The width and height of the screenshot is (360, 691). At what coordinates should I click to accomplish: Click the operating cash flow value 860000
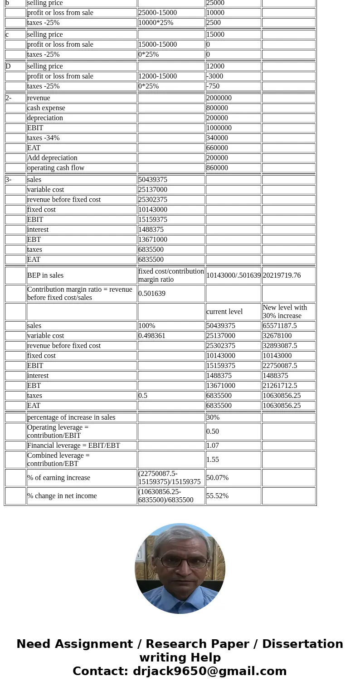[x=217, y=168]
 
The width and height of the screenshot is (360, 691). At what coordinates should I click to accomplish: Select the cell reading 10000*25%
[x=156, y=23]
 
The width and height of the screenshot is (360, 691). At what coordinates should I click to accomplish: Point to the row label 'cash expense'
[x=46, y=108]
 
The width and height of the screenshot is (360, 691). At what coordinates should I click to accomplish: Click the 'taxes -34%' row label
[x=44, y=138]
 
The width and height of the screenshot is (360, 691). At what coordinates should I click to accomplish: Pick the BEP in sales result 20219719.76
[x=282, y=275]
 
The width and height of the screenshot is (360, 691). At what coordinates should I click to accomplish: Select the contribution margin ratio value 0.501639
[x=152, y=294]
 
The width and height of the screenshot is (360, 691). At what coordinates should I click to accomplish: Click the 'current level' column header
[x=224, y=312]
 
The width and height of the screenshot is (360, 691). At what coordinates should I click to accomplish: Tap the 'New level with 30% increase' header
[x=285, y=312]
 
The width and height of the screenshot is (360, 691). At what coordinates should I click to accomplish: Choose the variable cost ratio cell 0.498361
[x=152, y=336]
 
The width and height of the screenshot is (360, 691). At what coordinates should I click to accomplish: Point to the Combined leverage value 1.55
[x=213, y=460]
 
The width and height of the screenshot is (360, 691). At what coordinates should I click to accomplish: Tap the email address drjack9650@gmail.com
[x=209, y=671]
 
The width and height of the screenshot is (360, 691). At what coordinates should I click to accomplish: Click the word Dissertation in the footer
[x=302, y=644]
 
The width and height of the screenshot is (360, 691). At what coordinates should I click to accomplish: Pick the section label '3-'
[x=9, y=180]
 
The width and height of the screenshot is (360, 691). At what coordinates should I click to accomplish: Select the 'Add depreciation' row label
[x=52, y=158]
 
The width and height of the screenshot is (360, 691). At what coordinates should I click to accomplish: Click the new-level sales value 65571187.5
[x=280, y=326]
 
